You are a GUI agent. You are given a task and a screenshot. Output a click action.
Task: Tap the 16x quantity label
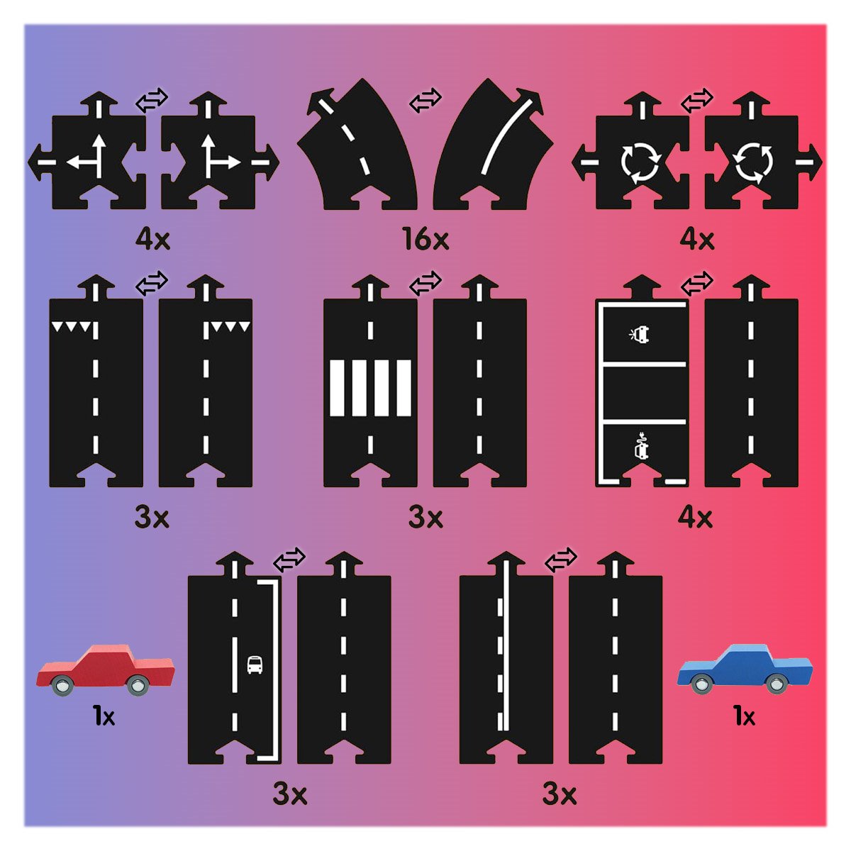tap(425, 239)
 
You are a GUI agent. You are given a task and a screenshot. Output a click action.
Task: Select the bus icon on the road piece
tap(255, 664)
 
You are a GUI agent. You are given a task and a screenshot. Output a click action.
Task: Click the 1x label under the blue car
tap(745, 716)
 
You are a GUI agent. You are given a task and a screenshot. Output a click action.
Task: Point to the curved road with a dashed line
tap(357, 145)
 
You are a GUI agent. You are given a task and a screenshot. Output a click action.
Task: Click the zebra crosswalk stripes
tap(370, 388)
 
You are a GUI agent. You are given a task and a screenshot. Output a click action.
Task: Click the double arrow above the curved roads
tap(425, 100)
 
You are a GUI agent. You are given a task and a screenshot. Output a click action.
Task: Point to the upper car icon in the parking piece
tap(640, 334)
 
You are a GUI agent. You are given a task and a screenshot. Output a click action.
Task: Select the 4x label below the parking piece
tap(695, 517)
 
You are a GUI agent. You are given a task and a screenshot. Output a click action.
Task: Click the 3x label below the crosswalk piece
tap(425, 517)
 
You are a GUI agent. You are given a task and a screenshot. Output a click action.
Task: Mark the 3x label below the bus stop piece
tap(289, 794)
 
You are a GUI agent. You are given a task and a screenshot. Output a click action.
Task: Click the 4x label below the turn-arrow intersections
tap(152, 240)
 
